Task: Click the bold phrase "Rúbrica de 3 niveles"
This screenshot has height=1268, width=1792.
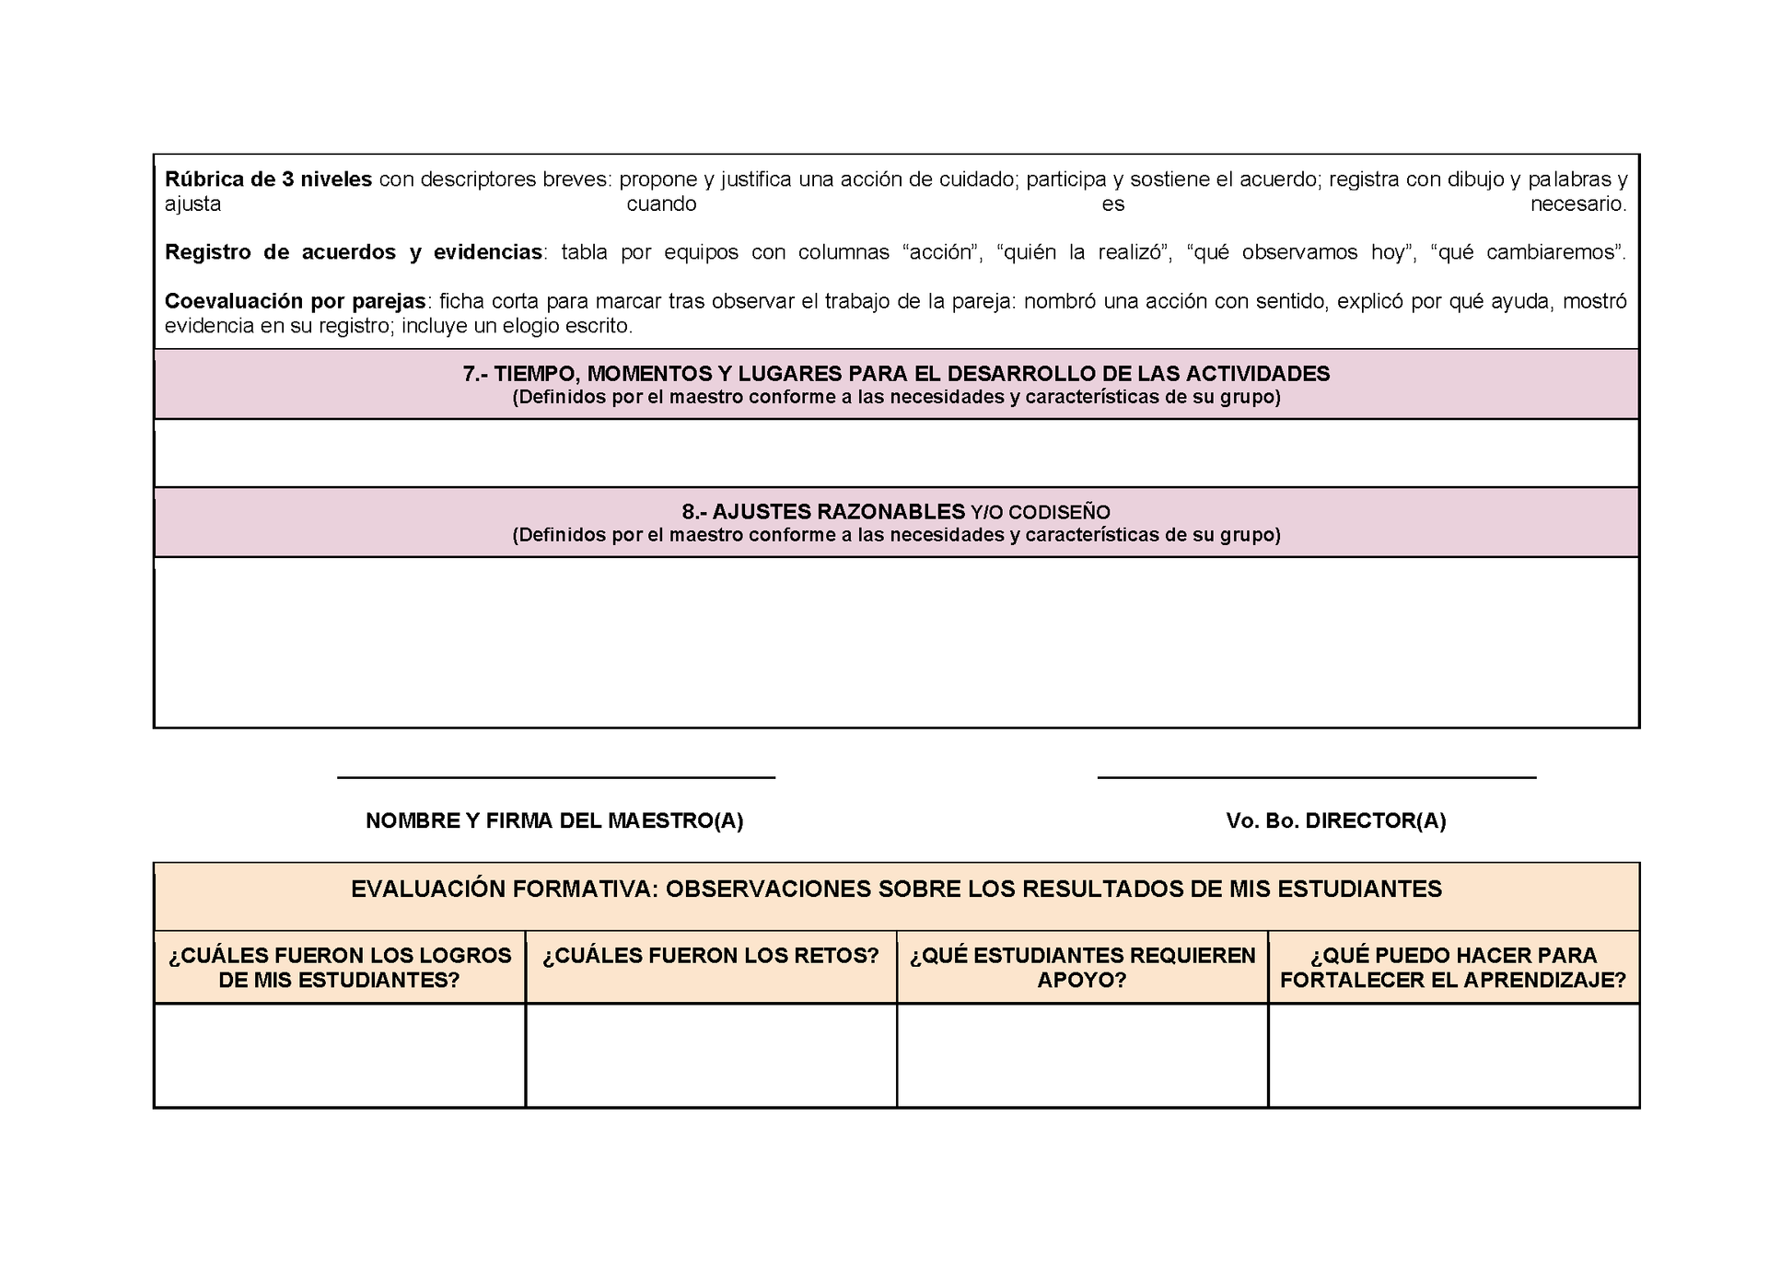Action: point(268,180)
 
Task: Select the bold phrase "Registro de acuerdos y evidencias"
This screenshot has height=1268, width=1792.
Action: point(353,252)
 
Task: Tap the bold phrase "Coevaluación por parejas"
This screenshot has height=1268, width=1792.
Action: point(295,301)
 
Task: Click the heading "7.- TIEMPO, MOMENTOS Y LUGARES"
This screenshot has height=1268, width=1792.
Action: point(896,374)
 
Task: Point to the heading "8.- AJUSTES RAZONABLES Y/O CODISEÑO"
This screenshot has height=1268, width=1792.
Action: point(896,512)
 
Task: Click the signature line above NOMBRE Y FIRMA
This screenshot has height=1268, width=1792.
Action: point(555,778)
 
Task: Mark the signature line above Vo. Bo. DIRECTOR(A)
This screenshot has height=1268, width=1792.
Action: point(1317,778)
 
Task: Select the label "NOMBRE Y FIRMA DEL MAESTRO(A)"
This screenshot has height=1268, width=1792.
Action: point(554,820)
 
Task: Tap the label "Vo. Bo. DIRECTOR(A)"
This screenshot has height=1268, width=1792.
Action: point(1335,820)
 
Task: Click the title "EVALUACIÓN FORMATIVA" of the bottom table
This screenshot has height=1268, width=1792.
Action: point(896,890)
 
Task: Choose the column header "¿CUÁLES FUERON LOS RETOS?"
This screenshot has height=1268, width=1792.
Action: point(710,956)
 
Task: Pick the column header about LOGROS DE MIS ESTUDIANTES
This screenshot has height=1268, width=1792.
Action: point(339,968)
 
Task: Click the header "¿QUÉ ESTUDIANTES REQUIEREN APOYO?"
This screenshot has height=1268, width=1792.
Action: point(1082,968)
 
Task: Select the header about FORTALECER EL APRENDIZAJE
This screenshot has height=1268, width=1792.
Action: point(1453,968)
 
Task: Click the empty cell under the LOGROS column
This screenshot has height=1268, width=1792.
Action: point(339,1055)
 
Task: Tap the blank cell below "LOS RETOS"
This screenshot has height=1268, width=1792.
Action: point(710,1055)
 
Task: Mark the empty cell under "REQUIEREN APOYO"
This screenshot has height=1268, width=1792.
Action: point(1082,1055)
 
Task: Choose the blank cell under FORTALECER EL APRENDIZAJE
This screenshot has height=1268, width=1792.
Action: point(1453,1055)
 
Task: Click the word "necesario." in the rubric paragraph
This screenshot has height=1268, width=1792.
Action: point(1577,204)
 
